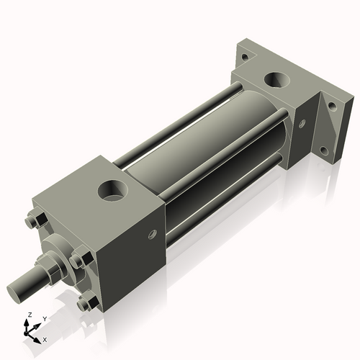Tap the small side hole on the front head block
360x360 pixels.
pos(152,233)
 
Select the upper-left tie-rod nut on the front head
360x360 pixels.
pos(32,221)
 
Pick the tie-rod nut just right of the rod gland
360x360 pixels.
pos(79,260)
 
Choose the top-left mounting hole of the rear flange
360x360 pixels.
pos(245,56)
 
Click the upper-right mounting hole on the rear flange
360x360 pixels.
pos(332,105)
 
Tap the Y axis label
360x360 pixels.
pos(45,318)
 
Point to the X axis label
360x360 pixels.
pos(45,338)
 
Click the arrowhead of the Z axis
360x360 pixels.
pos(27,322)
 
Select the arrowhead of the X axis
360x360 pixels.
pos(39,336)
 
